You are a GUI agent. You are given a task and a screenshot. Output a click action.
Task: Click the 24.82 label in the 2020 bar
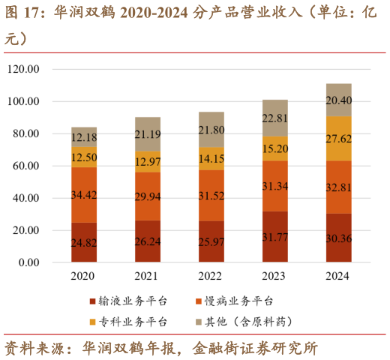tap(84, 242)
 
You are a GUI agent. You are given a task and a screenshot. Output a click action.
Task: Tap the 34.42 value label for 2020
tap(84, 195)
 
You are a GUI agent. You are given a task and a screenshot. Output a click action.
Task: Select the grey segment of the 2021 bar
tap(148, 134)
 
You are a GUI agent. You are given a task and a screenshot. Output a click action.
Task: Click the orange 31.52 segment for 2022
tap(211, 195)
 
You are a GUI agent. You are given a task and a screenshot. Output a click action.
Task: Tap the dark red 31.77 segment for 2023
tap(275, 237)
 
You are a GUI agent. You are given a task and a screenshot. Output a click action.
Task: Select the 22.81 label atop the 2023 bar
tap(275, 118)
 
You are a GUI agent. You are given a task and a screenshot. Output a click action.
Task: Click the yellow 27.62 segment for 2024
tap(339, 139)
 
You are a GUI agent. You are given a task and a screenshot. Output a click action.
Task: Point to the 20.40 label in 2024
tap(339, 100)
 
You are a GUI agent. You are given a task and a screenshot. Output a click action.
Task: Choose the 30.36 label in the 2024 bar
tap(339, 239)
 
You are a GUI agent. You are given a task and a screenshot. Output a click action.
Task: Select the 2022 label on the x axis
tap(211, 276)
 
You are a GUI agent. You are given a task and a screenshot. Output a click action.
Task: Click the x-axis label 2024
tap(339, 276)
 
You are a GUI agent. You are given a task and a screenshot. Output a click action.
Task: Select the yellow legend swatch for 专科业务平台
tap(93, 322)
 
